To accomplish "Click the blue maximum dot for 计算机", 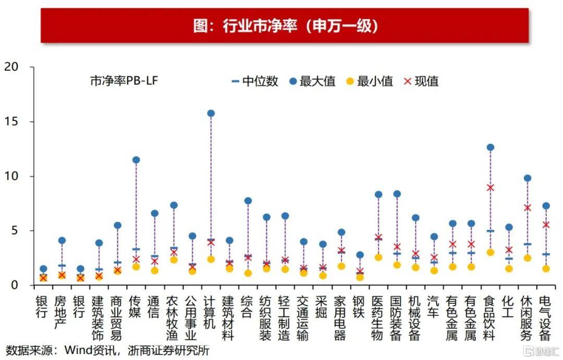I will pos(211,113).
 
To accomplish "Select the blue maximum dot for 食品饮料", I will pos(490,147).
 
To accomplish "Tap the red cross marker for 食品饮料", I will pos(490,188).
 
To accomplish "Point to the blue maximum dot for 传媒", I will pos(136,160).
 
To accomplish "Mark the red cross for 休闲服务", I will pos(527,207).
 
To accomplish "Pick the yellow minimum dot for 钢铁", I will pos(360,277).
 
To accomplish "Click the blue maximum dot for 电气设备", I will pos(546,206).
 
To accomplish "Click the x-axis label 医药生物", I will pos(378,318).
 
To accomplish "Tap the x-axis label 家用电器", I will pos(340,318).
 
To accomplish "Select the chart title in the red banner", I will pos(285,26).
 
